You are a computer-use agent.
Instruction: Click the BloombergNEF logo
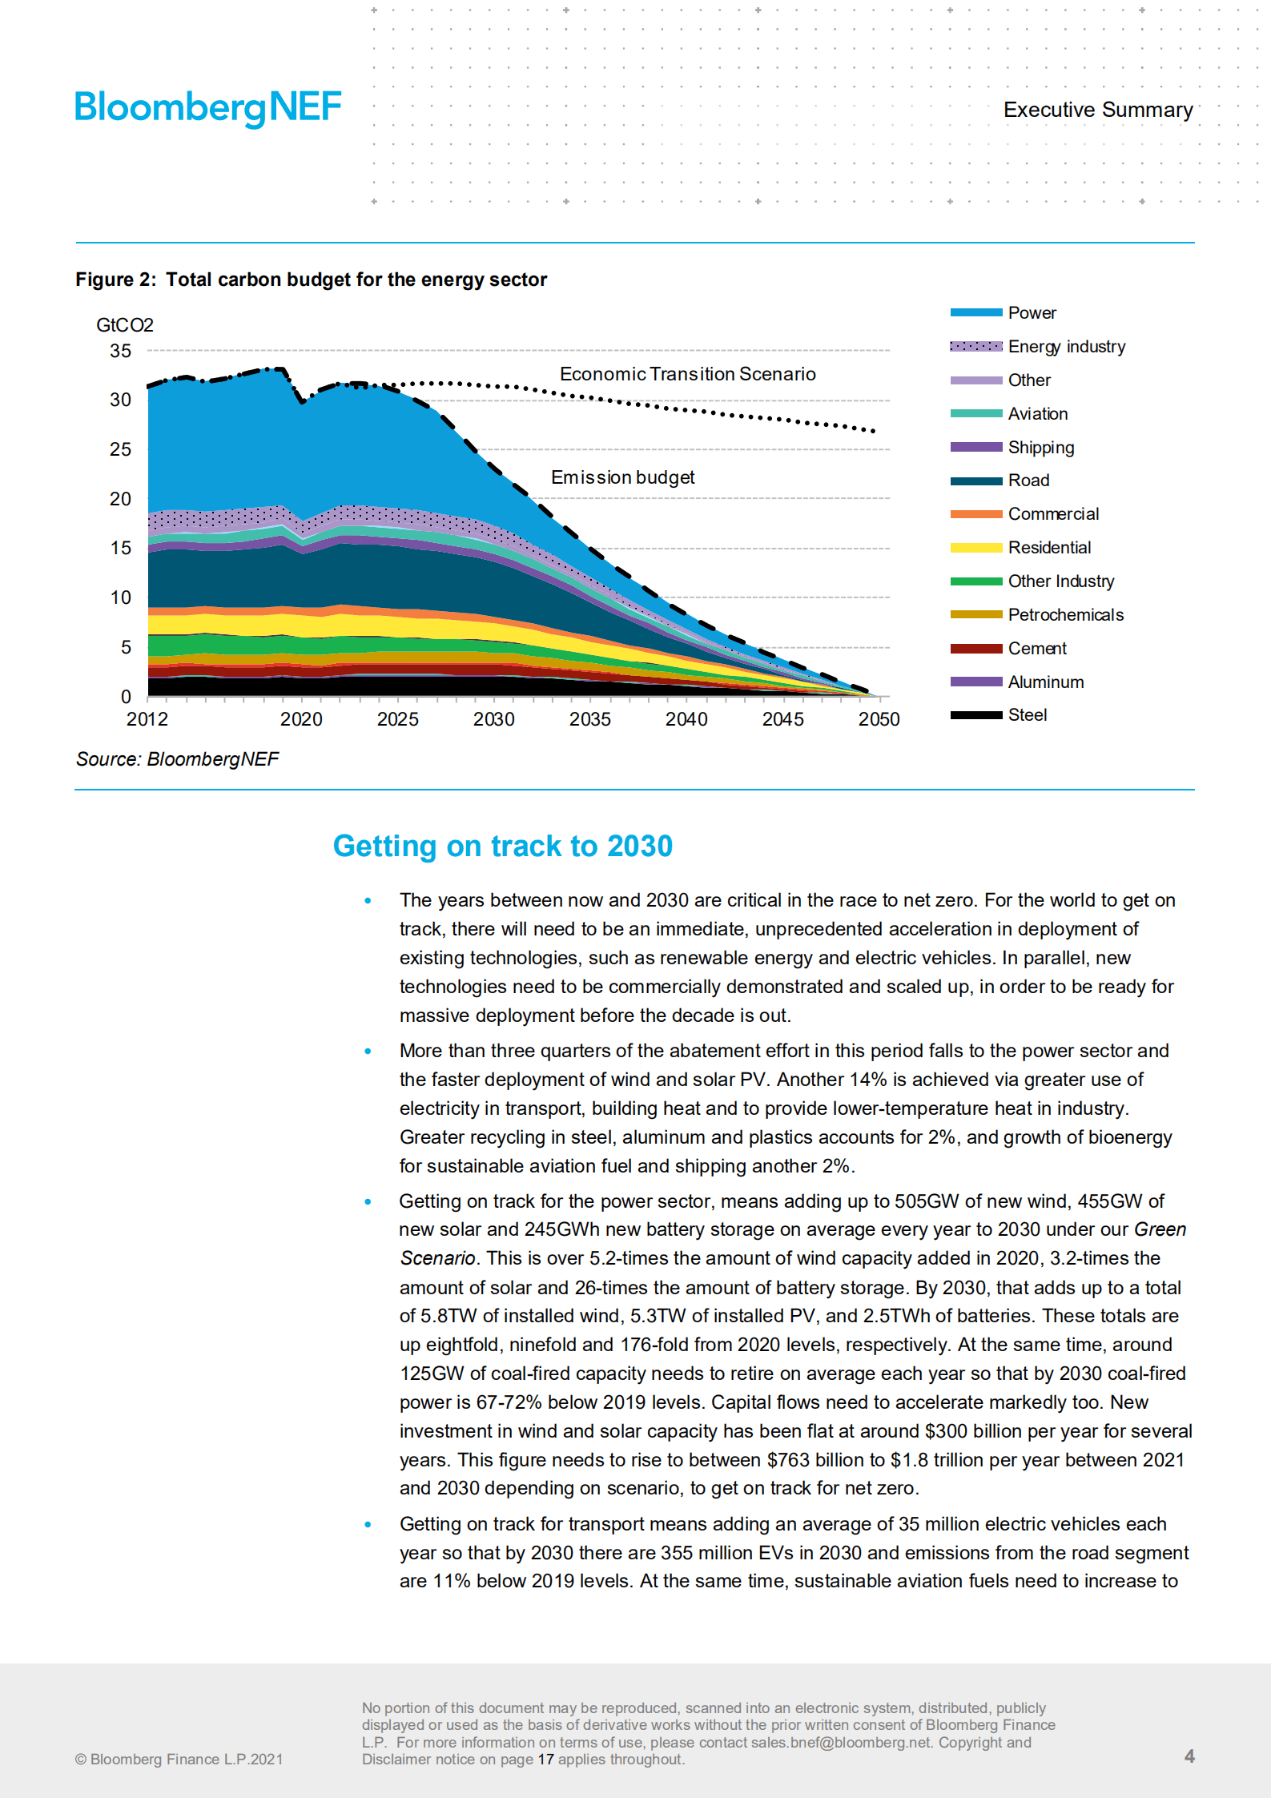(x=207, y=107)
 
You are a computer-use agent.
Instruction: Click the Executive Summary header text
(x=1097, y=110)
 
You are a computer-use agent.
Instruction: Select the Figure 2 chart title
(x=311, y=280)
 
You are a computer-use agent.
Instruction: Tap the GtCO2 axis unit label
(x=124, y=325)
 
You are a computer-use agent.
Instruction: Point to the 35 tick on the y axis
(x=120, y=351)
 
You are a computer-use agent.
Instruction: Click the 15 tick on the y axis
(x=120, y=548)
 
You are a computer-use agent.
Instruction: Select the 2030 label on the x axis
(x=493, y=719)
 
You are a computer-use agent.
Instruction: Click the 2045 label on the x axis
(x=782, y=719)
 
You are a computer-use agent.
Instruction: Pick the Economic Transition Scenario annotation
(x=687, y=374)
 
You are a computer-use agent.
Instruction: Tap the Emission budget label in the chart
(x=622, y=477)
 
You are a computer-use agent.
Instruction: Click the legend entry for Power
(x=1032, y=313)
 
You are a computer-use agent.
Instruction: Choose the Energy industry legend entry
(x=1066, y=347)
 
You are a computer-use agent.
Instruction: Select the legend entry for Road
(x=1028, y=481)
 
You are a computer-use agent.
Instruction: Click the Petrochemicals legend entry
(x=1065, y=615)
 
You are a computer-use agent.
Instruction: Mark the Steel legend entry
(x=1027, y=715)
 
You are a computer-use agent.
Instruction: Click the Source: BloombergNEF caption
(x=177, y=759)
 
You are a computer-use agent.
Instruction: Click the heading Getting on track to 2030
(x=502, y=847)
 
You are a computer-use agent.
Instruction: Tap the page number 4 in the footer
(x=1189, y=1756)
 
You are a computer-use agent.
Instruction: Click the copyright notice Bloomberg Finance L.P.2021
(x=179, y=1760)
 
